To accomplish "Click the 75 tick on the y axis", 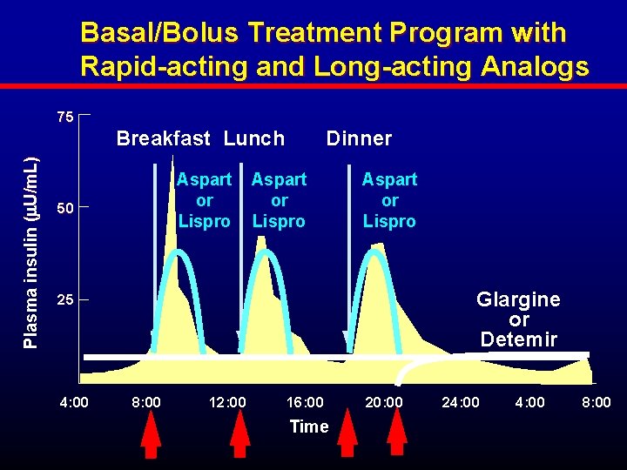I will [x=64, y=117].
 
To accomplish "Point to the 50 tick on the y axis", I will [x=64, y=208].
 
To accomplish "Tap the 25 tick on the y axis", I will [x=64, y=300].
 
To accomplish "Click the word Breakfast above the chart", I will [x=164, y=138].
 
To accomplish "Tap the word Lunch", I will [x=254, y=138].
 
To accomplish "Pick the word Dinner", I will [x=359, y=138].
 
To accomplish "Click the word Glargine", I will [x=518, y=299].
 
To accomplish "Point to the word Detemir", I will [x=518, y=339].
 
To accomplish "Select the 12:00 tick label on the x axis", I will [x=228, y=403].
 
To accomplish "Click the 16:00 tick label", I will [x=305, y=403].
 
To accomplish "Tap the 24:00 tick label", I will [x=461, y=403].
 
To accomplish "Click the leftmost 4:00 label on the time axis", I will [x=73, y=403].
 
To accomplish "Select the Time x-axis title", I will [x=309, y=426].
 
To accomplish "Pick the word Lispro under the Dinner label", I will [x=389, y=221].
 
